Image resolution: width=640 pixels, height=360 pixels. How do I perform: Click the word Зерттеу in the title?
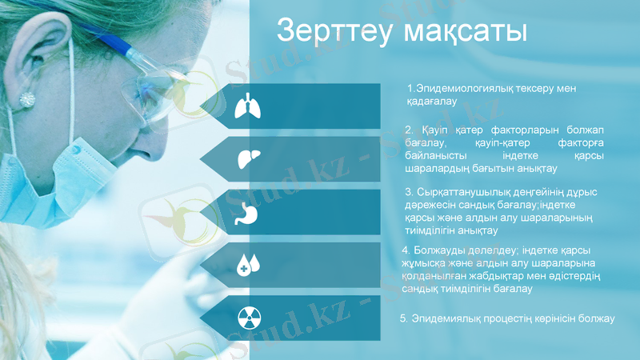click(x=332, y=31)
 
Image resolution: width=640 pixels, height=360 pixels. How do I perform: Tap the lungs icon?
click(x=247, y=106)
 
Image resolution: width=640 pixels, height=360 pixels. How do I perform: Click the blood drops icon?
click(x=247, y=264)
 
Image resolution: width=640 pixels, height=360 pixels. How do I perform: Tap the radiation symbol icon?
click(x=247, y=317)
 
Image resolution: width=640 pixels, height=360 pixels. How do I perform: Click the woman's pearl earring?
click(x=28, y=99)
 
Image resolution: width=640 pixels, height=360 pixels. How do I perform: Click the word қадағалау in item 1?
click(x=431, y=102)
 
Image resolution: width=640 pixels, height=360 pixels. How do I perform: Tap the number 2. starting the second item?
click(x=409, y=130)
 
